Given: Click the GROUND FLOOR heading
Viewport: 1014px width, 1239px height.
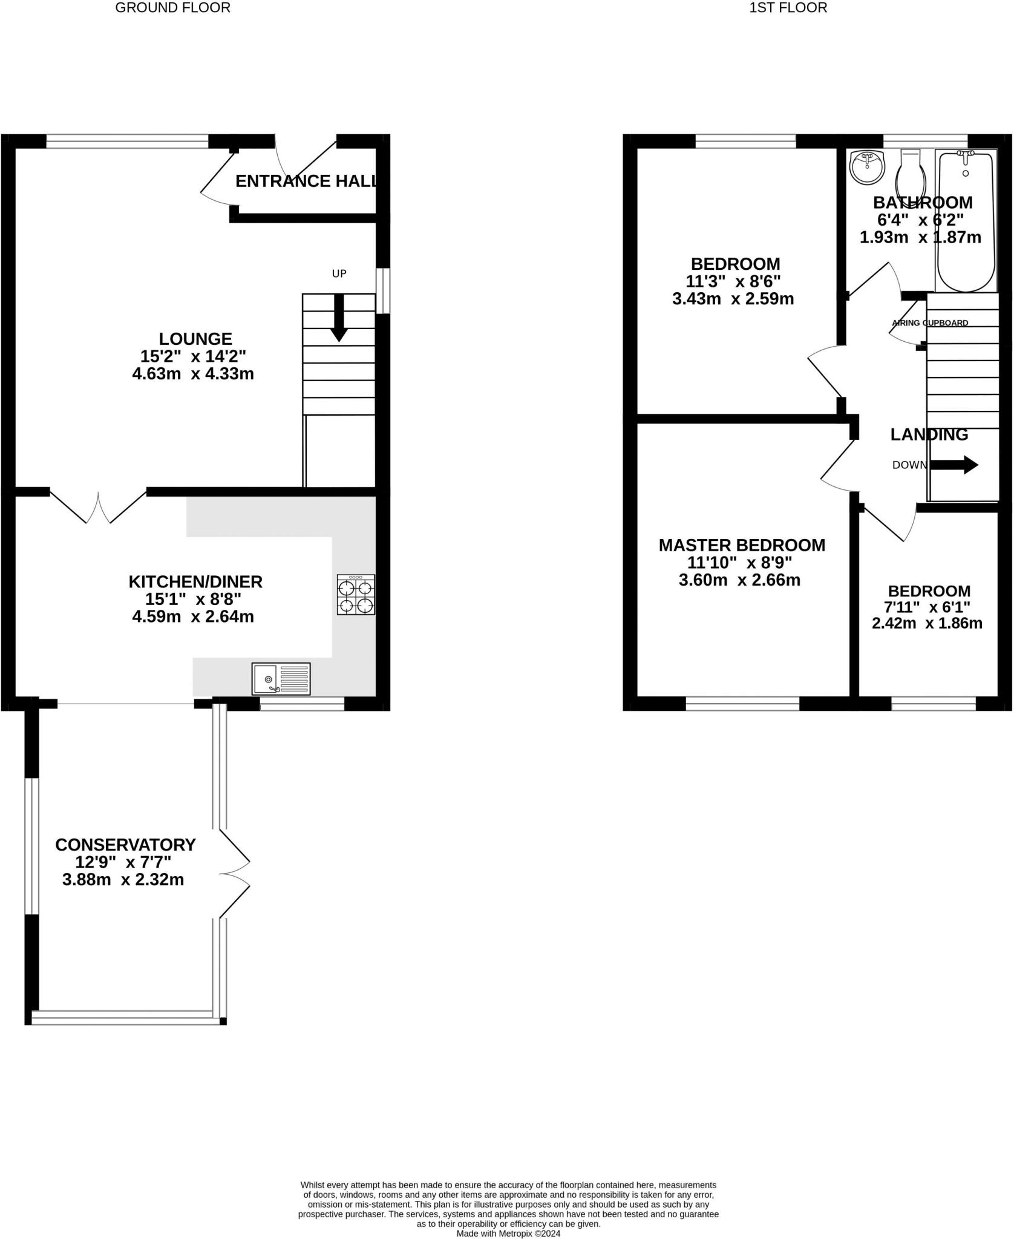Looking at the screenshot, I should (172, 8).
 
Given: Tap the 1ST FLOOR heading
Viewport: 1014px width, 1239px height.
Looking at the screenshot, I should (788, 8).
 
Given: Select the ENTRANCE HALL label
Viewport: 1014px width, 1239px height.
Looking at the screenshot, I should (306, 181).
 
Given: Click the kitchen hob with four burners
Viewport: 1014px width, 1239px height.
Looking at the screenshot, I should (356, 595).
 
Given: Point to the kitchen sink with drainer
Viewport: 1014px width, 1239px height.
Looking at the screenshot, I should (281, 679).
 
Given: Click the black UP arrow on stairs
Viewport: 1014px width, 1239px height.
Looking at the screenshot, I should (339, 318).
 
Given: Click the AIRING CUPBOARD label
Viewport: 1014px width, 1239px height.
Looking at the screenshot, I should (930, 323).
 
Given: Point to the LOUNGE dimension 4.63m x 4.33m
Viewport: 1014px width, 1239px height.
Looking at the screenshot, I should (192, 374).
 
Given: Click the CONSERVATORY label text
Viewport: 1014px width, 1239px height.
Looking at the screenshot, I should (125, 845).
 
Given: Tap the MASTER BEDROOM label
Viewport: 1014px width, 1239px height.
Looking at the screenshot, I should (742, 545).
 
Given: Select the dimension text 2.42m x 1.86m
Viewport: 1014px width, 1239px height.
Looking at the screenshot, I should (927, 623).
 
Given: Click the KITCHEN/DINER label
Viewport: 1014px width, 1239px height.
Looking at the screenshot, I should (195, 582).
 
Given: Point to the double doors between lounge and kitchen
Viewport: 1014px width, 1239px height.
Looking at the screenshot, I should (98, 507).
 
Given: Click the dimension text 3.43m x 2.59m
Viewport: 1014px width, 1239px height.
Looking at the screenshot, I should (733, 299).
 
